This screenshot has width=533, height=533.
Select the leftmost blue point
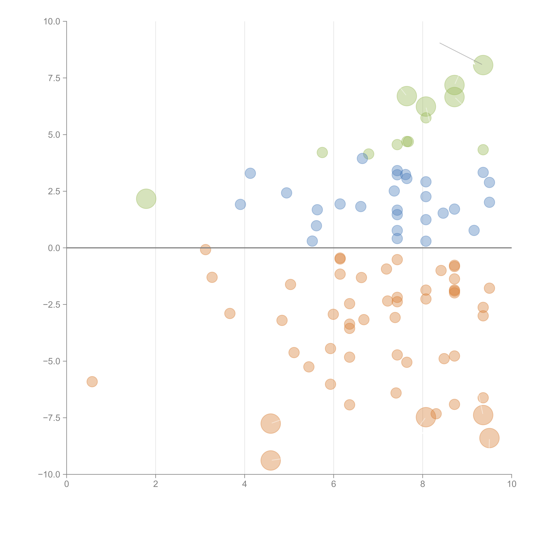tap(240, 204)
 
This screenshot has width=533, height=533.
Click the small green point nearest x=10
tap(483, 150)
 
